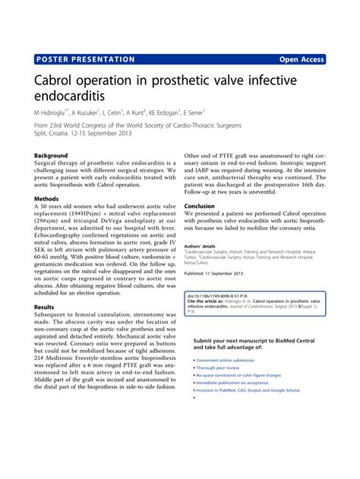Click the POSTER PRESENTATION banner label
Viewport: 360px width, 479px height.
click(85, 59)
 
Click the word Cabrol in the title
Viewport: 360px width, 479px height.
click(59, 80)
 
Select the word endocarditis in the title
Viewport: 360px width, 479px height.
click(70, 96)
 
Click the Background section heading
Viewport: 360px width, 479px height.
click(51, 156)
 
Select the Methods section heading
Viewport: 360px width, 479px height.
click(46, 199)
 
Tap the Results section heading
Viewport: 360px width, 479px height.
click(44, 307)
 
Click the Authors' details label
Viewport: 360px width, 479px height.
click(200, 246)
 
